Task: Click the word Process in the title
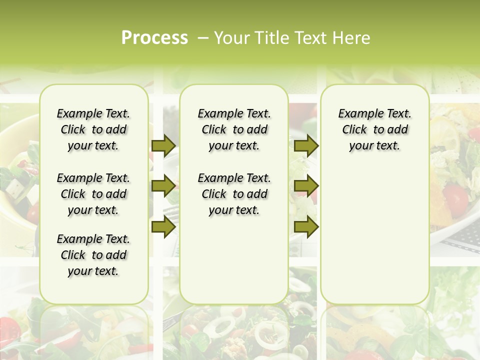154,38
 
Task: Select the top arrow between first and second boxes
163,145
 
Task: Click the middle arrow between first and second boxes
163,186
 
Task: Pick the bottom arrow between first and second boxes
163,226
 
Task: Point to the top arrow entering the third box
306,145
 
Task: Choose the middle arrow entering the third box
306,186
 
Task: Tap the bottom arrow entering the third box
306,226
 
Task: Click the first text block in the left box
93,129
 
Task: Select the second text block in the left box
93,194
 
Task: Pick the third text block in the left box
93,255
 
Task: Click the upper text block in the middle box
234,129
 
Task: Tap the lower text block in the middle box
234,194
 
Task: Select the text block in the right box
374,129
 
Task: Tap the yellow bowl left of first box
17,165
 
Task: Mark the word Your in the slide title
230,38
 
